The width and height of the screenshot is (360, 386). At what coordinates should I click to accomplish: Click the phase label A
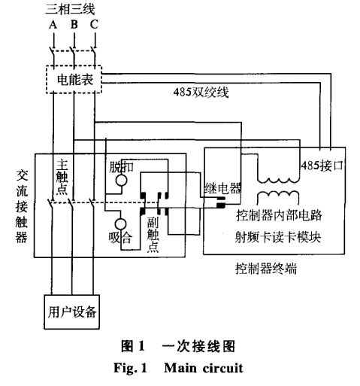tap(53, 25)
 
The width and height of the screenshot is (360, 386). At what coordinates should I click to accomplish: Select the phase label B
tap(74, 25)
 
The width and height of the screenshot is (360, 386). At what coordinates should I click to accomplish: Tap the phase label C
tap(94, 25)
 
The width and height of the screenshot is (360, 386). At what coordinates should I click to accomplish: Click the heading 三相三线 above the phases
tap(70, 10)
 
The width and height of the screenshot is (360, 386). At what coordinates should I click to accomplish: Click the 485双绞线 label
tap(201, 92)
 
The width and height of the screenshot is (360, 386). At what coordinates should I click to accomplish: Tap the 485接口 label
tap(322, 166)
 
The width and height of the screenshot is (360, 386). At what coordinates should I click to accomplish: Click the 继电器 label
tap(222, 188)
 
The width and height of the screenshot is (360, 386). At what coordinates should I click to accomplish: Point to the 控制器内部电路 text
tap(279, 215)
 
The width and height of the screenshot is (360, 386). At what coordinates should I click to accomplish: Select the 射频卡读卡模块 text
tap(278, 237)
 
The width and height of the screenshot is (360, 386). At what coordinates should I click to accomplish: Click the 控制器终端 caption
tap(266, 269)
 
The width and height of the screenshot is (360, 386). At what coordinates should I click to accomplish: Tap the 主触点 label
tap(62, 177)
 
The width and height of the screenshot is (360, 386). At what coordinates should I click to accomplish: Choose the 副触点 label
tap(153, 235)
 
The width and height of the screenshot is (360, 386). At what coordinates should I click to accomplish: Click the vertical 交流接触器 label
tap(22, 206)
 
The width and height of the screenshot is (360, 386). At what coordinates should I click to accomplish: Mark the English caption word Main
tap(180, 368)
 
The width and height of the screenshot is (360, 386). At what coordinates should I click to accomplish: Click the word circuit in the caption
tap(222, 368)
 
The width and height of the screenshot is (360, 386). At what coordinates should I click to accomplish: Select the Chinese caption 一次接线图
tap(198, 346)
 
